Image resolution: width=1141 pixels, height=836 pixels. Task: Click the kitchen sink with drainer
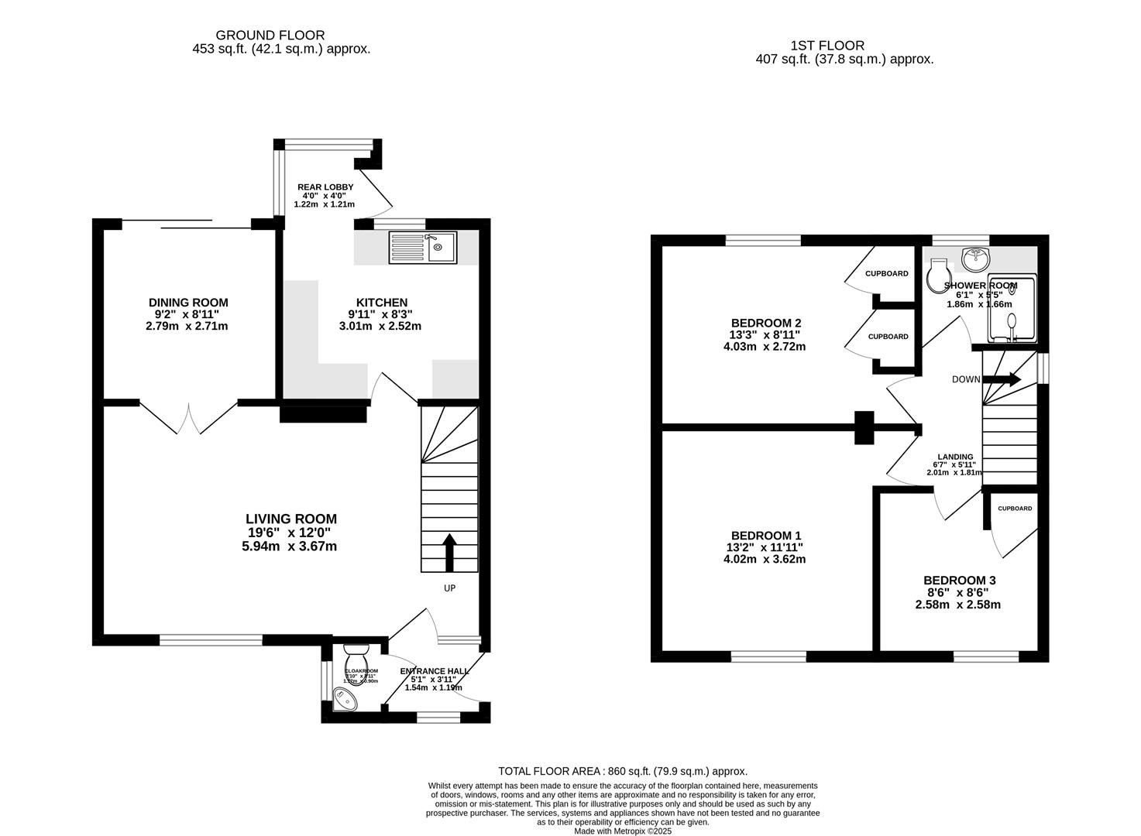tap(424, 248)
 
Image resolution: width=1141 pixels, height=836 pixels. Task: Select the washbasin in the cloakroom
tap(344, 699)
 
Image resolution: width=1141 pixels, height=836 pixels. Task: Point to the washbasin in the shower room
tap(975, 259)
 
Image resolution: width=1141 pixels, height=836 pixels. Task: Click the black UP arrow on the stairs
tap(449, 551)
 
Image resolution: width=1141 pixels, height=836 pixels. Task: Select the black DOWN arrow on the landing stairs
tap(1002, 379)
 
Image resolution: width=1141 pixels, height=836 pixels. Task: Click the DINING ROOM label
tap(188, 303)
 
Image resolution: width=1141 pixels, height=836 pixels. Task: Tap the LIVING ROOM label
tap(290, 519)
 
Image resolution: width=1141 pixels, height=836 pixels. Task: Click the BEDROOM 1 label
tap(765, 536)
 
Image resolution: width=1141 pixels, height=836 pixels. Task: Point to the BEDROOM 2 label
tap(765, 323)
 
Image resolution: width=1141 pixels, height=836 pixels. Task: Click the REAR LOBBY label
tap(325, 187)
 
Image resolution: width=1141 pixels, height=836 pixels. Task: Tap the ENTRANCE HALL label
tap(434, 671)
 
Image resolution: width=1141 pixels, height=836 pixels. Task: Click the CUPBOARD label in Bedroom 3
tap(1014, 509)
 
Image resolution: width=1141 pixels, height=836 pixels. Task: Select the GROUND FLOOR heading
tap(270, 35)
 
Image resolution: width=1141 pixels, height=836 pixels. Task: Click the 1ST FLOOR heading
tap(827, 46)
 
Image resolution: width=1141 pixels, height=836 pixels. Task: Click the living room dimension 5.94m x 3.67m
tap(289, 546)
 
